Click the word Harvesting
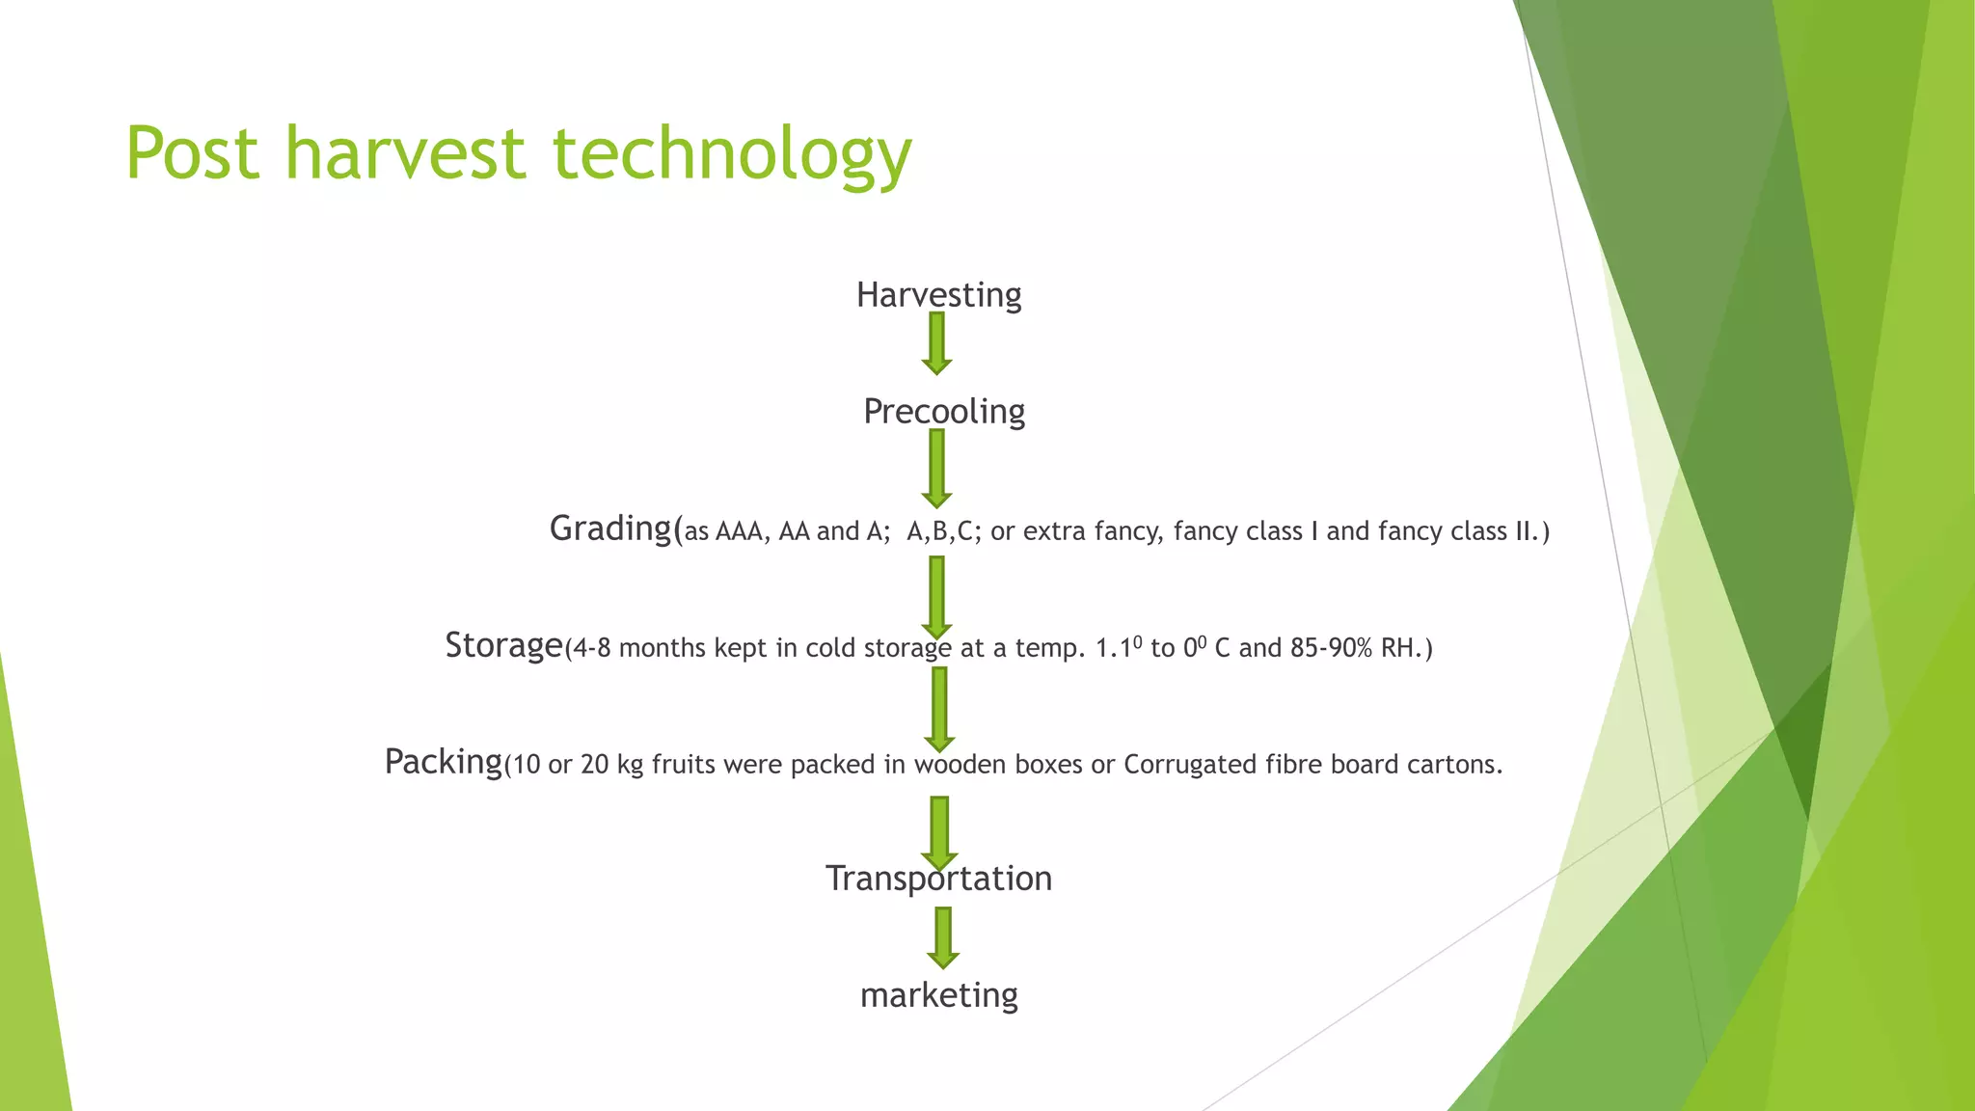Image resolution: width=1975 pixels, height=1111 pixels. coord(938,295)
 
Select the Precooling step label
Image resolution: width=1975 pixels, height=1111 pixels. coord(944,412)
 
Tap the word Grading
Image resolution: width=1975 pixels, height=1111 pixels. coord(610,528)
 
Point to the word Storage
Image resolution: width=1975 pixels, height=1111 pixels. coord(503,645)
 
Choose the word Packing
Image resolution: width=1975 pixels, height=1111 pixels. coord(444,762)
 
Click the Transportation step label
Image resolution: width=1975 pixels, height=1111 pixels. coord(938,879)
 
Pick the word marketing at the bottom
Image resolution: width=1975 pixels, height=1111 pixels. coord(939,995)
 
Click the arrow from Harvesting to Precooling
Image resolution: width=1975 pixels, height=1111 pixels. coord(936,343)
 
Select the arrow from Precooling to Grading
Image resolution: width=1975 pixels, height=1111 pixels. coord(936,469)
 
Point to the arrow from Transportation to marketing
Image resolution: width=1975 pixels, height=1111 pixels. coord(943,938)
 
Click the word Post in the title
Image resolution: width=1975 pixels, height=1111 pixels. coord(193,152)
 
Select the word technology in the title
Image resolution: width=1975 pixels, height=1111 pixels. coord(732,156)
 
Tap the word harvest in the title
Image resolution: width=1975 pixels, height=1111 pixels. coord(406,152)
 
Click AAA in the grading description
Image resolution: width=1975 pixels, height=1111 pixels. coord(739,531)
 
